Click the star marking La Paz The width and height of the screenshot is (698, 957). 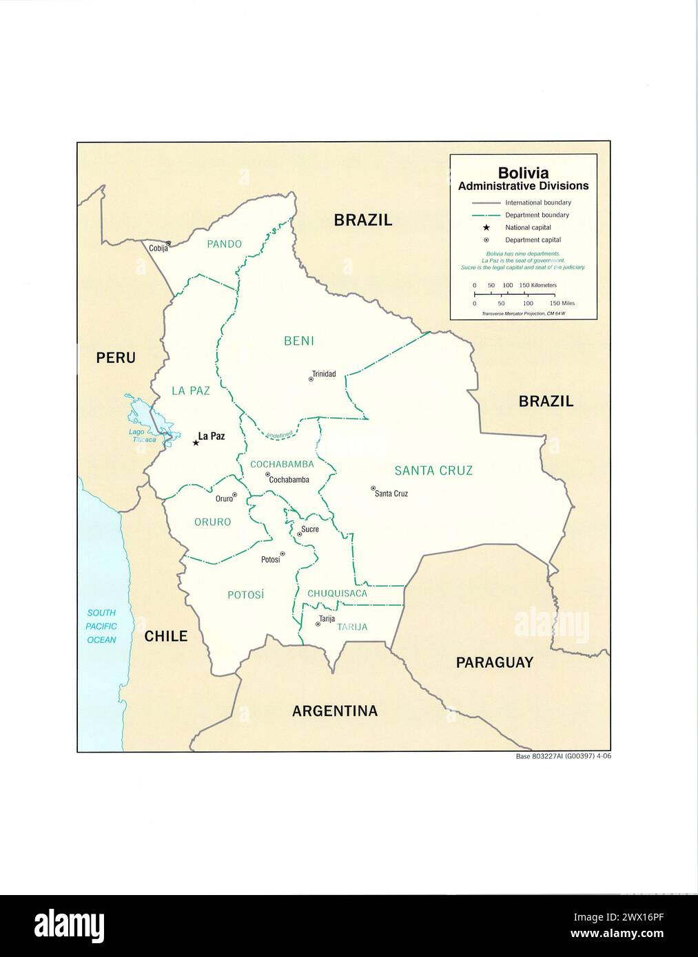tap(196, 443)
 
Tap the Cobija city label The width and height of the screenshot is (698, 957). tap(158, 249)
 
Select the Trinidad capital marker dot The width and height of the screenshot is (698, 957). tap(311, 379)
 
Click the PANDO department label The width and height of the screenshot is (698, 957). tap(225, 244)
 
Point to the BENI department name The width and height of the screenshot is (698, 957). tap(299, 341)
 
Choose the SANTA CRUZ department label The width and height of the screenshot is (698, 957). tap(433, 470)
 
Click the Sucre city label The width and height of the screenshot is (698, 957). tap(310, 529)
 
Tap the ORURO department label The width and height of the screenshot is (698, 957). tap(212, 522)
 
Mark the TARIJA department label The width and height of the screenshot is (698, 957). tap(352, 627)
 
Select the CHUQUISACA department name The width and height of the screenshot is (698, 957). tap(337, 593)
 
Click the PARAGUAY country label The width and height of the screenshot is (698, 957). tap(495, 662)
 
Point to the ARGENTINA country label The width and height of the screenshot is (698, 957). tap(335, 711)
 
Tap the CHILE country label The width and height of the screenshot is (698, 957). tap(166, 635)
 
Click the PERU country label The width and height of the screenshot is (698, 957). tap(116, 357)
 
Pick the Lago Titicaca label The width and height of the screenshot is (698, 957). tap(141, 435)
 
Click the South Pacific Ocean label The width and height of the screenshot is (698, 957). tap(101, 626)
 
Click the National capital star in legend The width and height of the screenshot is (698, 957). tap(486, 227)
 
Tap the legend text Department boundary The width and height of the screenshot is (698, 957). tap(537, 215)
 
